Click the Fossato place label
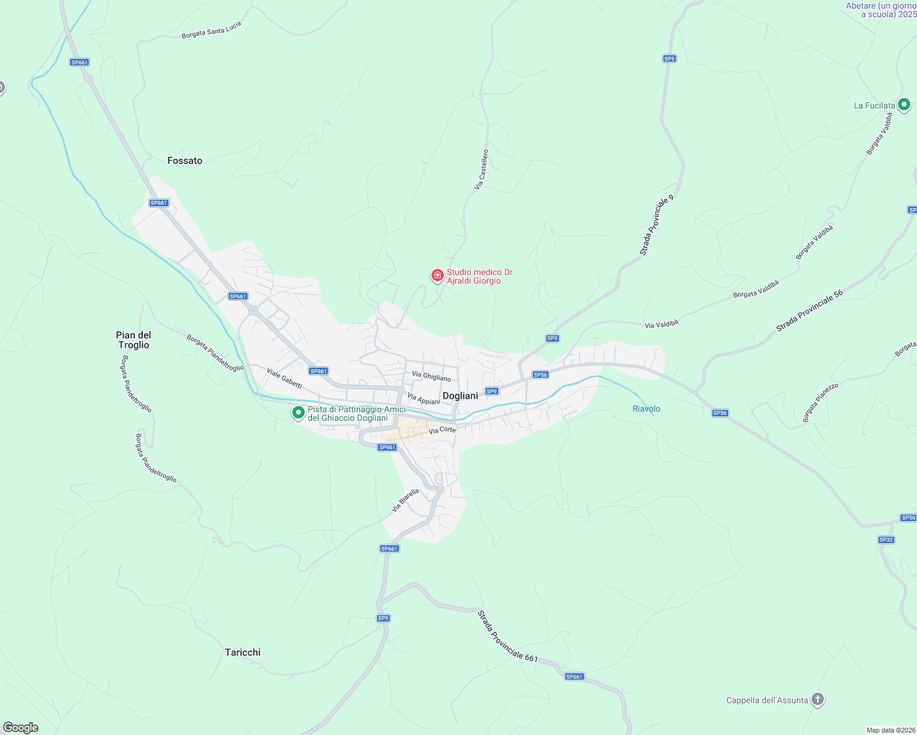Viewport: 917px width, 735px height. click(x=185, y=160)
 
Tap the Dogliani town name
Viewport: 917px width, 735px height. click(x=460, y=396)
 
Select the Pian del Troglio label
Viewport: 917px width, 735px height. click(x=134, y=340)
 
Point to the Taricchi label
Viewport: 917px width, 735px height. click(x=243, y=652)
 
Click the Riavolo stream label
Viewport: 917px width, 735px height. click(x=646, y=409)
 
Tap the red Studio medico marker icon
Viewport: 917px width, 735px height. click(x=437, y=276)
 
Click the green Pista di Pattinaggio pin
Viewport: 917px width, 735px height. click(x=298, y=413)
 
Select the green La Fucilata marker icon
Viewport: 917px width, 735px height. click(x=904, y=105)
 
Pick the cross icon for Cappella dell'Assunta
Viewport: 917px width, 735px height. click(x=817, y=699)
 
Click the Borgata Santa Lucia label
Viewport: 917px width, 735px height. click(x=211, y=30)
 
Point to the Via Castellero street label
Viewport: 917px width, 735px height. click(x=482, y=169)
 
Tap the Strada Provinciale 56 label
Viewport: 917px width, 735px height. click(x=809, y=311)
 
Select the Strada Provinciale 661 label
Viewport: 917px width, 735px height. click(x=508, y=636)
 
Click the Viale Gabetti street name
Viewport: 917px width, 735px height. click(x=284, y=378)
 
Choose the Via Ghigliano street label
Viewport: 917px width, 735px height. click(x=431, y=376)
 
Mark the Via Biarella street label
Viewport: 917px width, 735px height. click(x=405, y=500)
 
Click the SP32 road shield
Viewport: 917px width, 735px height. click(x=886, y=540)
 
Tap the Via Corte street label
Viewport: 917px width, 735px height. click(x=442, y=430)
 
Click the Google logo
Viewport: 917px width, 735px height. click(x=20, y=728)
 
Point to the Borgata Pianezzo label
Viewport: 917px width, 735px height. click(x=820, y=402)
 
